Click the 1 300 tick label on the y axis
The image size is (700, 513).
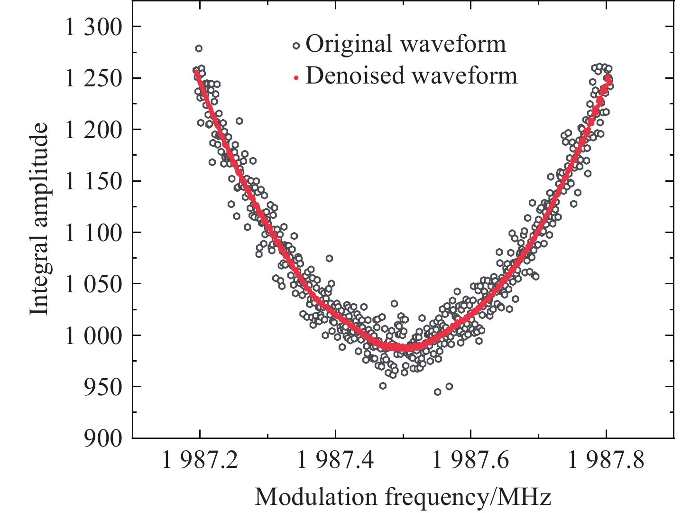[x=93, y=28]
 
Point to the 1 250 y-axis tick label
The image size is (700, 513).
[x=93, y=79]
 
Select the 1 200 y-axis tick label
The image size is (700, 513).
[x=93, y=130]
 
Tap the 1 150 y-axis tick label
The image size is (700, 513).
[x=93, y=182]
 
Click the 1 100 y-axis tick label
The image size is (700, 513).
[x=93, y=233]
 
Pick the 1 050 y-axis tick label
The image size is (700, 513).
[x=93, y=284]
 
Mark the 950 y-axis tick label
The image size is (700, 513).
[x=101, y=387]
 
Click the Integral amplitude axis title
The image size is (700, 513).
[x=40, y=219]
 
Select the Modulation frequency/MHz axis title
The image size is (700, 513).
[x=403, y=497]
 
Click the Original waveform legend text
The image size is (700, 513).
[x=405, y=44]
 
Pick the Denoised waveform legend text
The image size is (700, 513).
[x=411, y=76]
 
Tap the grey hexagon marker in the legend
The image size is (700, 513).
[x=296, y=46]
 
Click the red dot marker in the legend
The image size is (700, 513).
[x=296, y=78]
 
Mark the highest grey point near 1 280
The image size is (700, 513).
[x=199, y=48]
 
